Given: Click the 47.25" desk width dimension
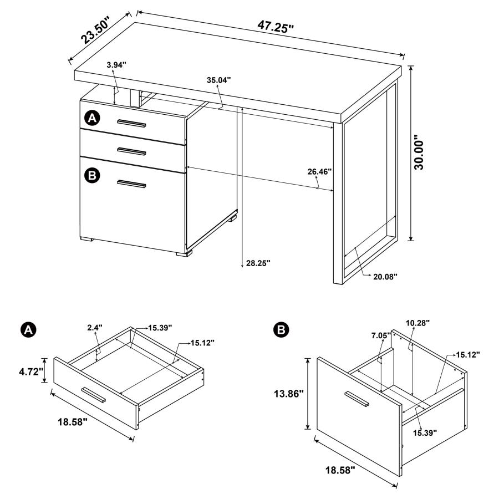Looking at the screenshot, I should pos(275,26).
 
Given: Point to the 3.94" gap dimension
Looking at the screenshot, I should pos(116,65).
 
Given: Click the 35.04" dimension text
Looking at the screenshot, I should pos(219,80).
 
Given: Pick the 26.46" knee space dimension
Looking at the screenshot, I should pos(319,171).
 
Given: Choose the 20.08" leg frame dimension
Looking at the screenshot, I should pos(383,276).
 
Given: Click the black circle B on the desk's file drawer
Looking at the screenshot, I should pos(92,175).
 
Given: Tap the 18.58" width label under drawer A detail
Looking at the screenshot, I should pos(72,422).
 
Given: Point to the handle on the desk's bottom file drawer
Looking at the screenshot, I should pos(131,184).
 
